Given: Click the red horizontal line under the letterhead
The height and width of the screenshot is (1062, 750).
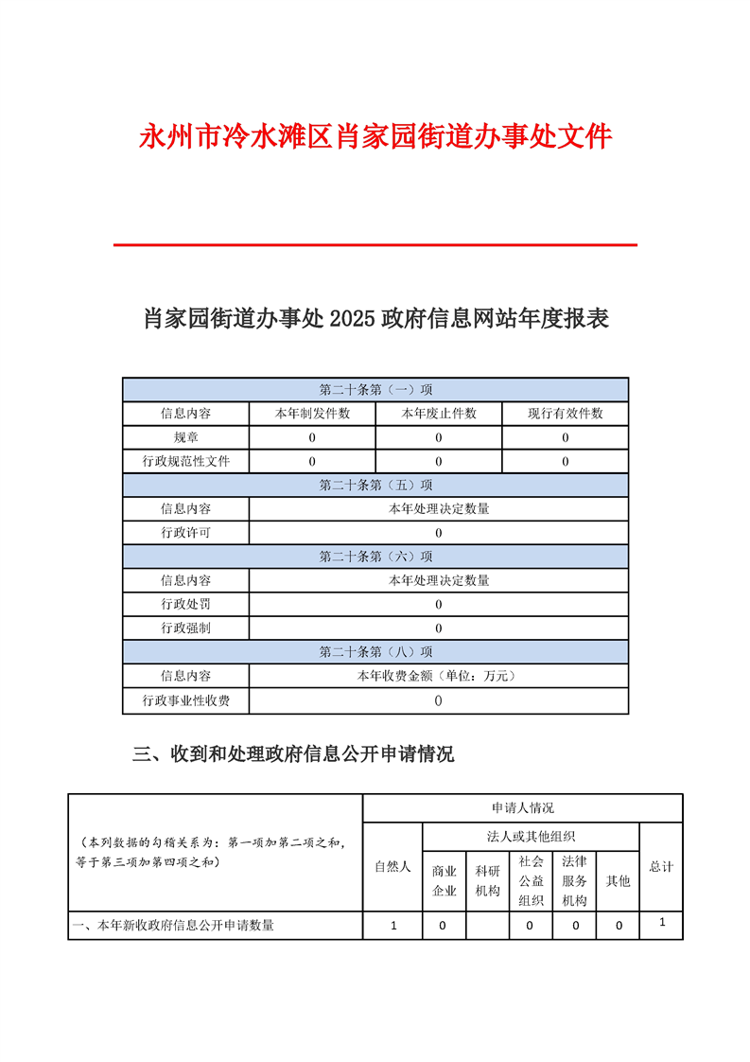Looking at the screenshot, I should coord(375,245).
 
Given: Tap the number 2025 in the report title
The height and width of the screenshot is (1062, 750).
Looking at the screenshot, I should coord(352,319).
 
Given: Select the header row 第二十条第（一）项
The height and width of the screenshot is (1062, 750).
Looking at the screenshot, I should coord(375,390).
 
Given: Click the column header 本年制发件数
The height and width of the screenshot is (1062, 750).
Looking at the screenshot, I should coord(312,414).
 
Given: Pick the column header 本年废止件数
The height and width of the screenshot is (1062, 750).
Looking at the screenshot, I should coord(439,414).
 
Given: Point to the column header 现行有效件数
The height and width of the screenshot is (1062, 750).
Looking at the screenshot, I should coord(565,414).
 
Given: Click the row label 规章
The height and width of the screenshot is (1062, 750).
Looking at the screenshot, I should coord(186,437).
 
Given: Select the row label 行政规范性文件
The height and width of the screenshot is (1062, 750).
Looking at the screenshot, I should coord(186,461).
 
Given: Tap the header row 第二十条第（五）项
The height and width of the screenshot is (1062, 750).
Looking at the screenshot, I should coord(375,485).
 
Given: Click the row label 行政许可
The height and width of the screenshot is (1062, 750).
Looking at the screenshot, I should coord(186,533).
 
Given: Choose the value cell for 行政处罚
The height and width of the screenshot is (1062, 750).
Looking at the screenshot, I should coord(439,604).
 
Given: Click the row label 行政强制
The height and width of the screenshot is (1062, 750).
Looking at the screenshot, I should coord(186,628).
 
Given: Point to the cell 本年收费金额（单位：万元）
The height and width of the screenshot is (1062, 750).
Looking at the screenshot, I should coord(439,676).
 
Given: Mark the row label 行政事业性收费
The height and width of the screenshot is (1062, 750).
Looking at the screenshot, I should coord(186,700).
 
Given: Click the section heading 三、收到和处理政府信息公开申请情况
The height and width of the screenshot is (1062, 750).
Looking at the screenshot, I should coord(293,754).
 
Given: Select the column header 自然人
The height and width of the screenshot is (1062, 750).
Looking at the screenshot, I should coord(392,866).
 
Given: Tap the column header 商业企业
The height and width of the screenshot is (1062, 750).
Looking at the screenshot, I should coord(445,880).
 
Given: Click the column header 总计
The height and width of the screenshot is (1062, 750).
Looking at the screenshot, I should coord(661,866).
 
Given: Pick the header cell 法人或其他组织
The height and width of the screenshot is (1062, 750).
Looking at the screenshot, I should coord(531,836).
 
